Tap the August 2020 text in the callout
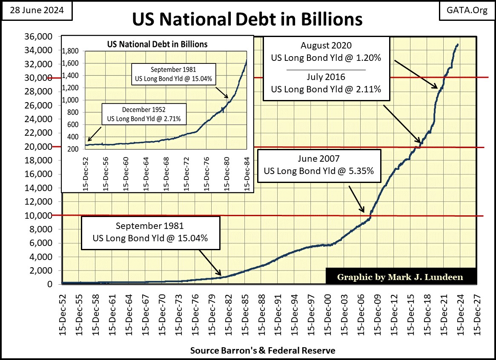point(326,46)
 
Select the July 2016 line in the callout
point(326,77)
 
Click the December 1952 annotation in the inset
point(144,114)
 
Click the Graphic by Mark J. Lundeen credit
point(400,277)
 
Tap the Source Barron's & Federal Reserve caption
point(262,351)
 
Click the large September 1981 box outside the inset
point(150,232)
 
